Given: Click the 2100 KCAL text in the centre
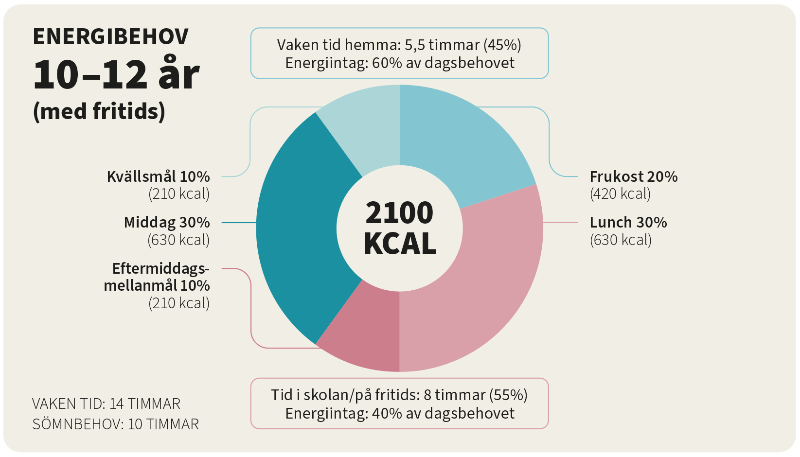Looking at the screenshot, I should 399,228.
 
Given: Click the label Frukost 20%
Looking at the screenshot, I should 633,176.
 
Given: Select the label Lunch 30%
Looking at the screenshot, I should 628,222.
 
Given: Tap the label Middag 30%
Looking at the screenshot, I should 167,222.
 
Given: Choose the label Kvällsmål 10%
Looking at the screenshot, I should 158,176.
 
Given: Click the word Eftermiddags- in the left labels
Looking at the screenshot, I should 160,268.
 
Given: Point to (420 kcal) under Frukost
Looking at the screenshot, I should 620,194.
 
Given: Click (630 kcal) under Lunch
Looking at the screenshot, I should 621,240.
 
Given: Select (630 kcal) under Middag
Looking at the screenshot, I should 178,240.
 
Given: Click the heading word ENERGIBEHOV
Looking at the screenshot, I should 110,37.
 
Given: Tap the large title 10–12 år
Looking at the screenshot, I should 116,75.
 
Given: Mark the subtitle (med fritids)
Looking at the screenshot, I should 99,111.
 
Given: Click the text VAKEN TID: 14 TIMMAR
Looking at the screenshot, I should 106,404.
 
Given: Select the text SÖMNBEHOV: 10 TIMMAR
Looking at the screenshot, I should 115,424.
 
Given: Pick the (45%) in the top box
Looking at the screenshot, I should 502,45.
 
